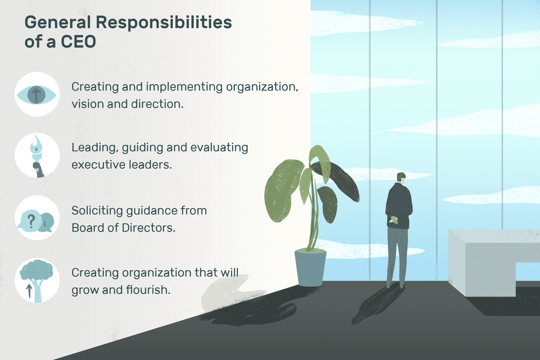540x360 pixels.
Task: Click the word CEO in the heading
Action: pyautogui.click(x=78, y=42)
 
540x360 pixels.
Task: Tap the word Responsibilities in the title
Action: pyautogui.click(x=164, y=22)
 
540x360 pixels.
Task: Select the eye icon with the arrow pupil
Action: pyautogui.click(x=36, y=95)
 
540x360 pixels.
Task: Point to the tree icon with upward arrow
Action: pyautogui.click(x=36, y=281)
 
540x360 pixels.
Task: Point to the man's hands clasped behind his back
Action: pyautogui.click(x=394, y=220)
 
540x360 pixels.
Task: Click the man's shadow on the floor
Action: pyautogui.click(x=376, y=304)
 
